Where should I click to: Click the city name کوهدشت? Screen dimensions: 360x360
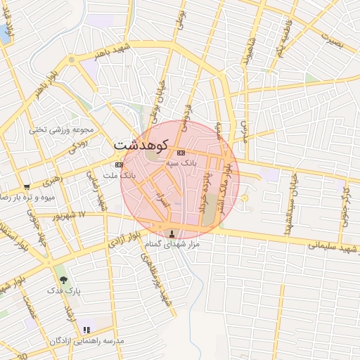(x=141, y=146)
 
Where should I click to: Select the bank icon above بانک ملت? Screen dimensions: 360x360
(x=117, y=165)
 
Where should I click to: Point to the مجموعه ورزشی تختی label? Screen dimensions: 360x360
(x=58, y=130)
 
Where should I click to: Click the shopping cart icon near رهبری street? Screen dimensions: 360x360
(x=27, y=187)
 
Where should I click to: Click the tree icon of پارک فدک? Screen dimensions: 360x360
(x=64, y=280)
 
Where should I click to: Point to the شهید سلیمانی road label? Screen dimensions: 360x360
(x=334, y=246)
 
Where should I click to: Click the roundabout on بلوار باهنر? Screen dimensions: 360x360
(x=72, y=61)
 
